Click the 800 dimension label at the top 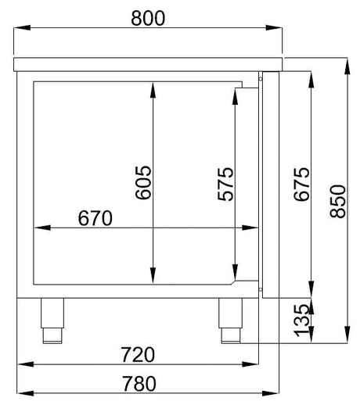pos(148,18)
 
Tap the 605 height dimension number pos(143,182)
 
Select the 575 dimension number pos(225,184)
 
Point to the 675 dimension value pos(301,184)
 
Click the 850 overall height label pos(338,201)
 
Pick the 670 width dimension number pos(95,218)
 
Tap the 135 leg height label pos(301,321)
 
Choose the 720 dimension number pos(138,355)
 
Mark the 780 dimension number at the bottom pos(139,384)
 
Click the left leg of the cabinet pos(52,321)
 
